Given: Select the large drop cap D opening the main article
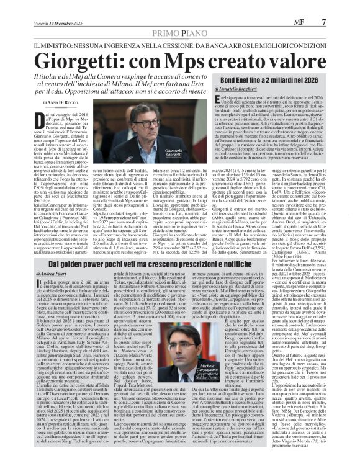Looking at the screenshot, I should pyautogui.click(x=47, y=122).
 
